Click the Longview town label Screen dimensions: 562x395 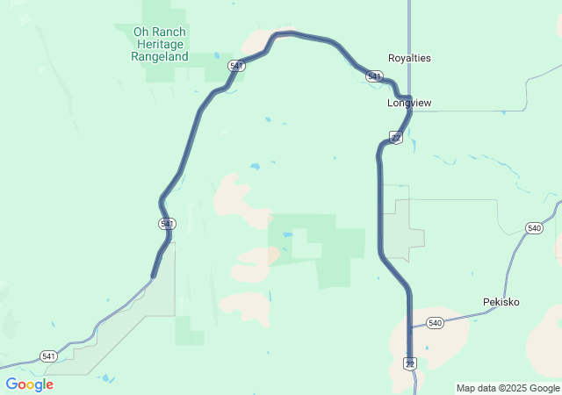tap(409, 103)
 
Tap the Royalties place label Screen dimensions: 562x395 tap(409, 58)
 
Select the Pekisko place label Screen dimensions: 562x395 tap(501, 302)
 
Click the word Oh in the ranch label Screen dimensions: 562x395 tap(140, 32)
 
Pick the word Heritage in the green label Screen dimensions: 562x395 tap(159, 44)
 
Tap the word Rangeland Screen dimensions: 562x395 tap(159, 56)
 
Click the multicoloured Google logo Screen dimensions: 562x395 tap(29, 384)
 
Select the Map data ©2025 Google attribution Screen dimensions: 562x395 tap(507, 388)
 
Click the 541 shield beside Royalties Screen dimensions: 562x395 tap(375, 77)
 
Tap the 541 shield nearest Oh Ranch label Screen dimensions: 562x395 tap(236, 66)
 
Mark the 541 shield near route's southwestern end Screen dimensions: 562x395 tap(167, 224)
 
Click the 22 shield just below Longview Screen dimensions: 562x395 tap(396, 138)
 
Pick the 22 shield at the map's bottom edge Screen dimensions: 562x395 tap(410, 363)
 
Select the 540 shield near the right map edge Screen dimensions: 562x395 tap(534, 228)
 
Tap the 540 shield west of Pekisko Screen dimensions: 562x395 tap(436, 323)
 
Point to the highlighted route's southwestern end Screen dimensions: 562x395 tap(154, 277)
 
